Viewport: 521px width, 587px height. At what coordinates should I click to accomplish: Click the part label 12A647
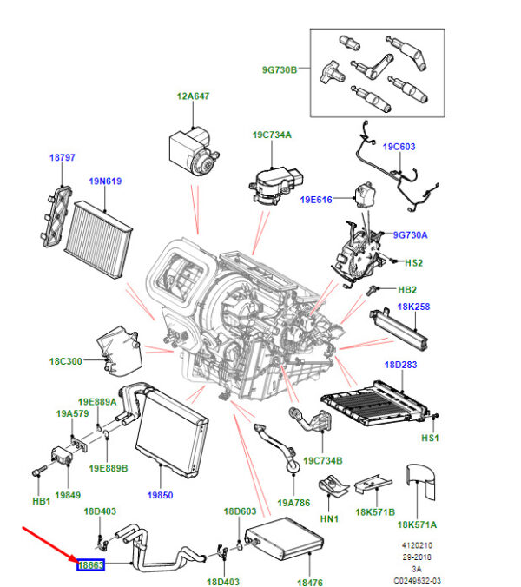click(195, 96)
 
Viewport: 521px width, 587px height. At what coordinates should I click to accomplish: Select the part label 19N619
click(103, 181)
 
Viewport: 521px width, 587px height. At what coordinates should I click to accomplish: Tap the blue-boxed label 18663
click(90, 565)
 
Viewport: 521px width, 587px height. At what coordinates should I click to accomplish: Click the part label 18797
click(62, 158)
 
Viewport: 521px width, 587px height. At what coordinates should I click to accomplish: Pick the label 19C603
click(423, 147)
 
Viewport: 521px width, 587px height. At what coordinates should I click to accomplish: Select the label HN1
click(328, 519)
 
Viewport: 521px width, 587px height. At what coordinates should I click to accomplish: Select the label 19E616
click(318, 200)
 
